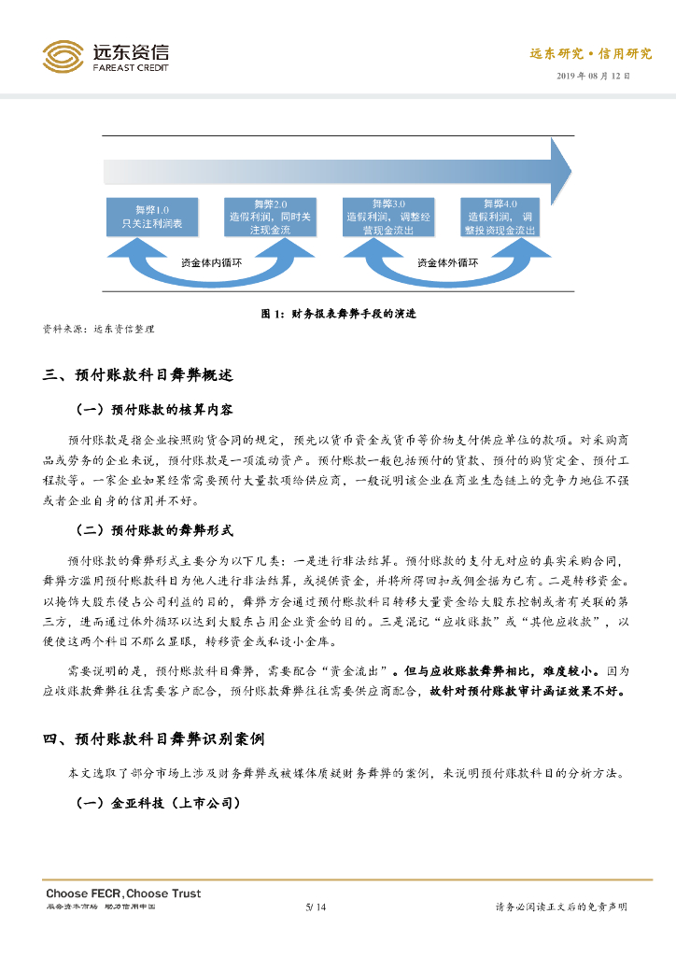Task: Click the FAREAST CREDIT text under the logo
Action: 130,67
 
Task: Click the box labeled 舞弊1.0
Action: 152,217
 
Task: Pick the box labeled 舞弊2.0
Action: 271,217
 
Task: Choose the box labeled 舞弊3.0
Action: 388,217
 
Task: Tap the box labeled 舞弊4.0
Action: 500,217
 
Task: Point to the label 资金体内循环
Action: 210,262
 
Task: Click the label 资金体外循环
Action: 447,262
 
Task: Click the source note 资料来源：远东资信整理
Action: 98,329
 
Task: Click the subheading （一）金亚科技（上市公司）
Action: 158,802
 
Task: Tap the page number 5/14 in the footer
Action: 316,907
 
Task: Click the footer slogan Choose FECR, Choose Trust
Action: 123,893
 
